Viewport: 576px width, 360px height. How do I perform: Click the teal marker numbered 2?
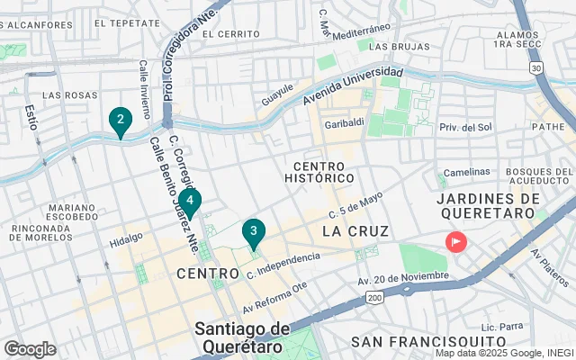point(120,120)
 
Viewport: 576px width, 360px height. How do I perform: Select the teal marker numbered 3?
point(254,232)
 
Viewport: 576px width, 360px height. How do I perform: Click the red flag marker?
point(456,241)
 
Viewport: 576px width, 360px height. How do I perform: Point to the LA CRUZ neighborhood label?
point(355,231)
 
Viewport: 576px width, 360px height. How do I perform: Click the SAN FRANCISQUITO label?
point(427,342)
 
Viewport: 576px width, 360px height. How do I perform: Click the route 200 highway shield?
point(375,296)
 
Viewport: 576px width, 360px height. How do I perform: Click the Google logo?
point(30,348)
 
